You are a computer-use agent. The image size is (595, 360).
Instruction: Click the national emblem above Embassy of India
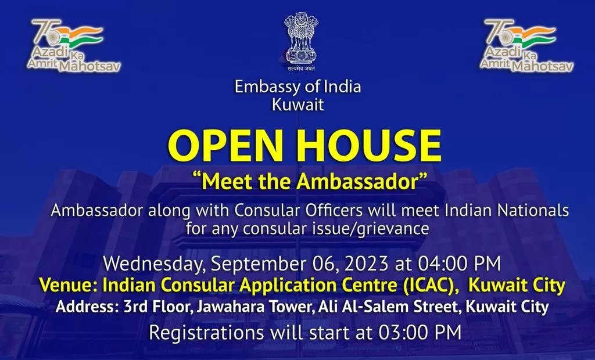pyautogui.click(x=301, y=41)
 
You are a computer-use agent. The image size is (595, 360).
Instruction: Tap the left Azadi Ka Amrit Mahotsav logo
pyautogui.click(x=74, y=45)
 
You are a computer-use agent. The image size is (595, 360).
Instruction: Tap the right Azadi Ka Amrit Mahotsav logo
pyautogui.click(x=526, y=45)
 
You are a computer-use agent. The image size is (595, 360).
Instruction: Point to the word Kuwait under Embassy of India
pyautogui.click(x=298, y=105)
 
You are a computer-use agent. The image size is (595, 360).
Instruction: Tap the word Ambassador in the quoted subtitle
pyautogui.click(x=357, y=181)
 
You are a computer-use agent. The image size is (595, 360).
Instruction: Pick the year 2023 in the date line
pyautogui.click(x=367, y=263)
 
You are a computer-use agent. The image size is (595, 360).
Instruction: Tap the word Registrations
pyautogui.click(x=206, y=333)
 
